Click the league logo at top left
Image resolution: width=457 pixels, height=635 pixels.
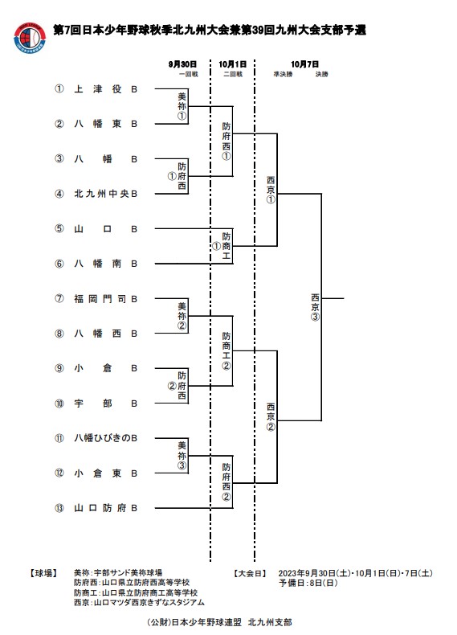point(30,37)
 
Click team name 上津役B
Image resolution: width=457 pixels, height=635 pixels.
point(106,89)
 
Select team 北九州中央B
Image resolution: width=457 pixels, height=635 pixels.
point(106,194)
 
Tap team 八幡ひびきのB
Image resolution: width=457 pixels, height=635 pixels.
point(106,438)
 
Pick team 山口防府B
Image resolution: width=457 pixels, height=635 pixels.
point(106,508)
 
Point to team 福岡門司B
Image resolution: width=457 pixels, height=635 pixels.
point(106,299)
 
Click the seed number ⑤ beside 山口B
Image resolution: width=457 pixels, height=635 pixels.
point(59,229)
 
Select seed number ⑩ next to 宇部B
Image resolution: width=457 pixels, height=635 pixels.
point(59,404)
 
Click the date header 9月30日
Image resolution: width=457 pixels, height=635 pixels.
point(182,64)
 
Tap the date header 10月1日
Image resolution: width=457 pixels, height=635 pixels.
point(233,64)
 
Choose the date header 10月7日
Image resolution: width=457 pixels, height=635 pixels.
point(305,64)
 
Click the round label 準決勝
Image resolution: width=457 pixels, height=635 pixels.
point(283,75)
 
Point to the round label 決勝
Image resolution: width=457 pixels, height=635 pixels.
point(322,75)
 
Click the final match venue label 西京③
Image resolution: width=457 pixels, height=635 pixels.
point(315,307)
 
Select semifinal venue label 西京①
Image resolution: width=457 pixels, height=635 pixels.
point(271,190)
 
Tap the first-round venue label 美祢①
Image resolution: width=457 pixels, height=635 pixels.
point(182,107)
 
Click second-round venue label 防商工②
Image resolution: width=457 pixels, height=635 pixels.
point(226,351)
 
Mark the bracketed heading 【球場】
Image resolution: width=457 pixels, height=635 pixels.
point(43,573)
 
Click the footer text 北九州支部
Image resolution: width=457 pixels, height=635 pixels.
point(270,622)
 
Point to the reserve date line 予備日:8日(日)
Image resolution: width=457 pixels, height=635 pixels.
point(308,584)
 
